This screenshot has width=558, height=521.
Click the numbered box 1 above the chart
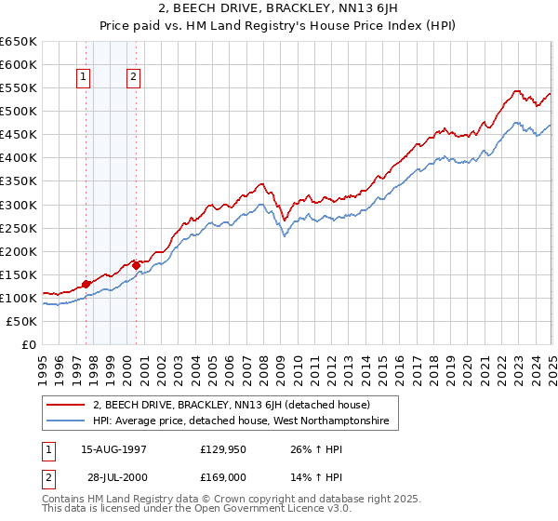[85, 78]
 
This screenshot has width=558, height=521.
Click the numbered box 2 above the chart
[134, 78]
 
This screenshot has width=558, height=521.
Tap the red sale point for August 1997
[86, 284]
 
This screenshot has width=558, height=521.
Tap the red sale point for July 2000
[136, 265]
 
